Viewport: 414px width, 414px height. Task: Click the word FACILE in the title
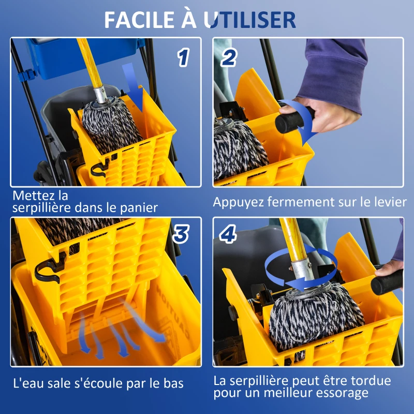tap(139, 20)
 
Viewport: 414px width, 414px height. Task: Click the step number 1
tap(182, 58)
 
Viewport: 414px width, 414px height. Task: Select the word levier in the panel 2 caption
tap(388, 202)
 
